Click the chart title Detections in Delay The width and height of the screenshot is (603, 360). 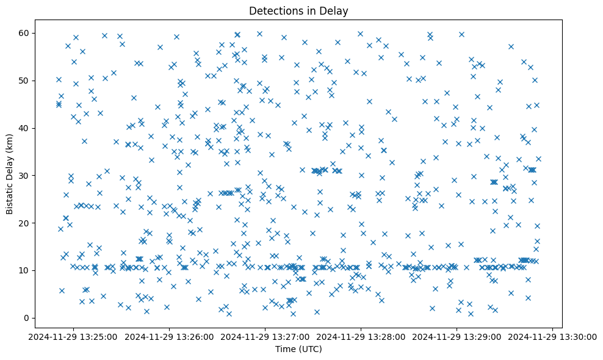point(298,10)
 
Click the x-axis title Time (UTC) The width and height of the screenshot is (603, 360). point(298,349)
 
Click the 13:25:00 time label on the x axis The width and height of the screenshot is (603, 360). point(74,336)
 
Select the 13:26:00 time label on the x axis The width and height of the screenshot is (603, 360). point(170,336)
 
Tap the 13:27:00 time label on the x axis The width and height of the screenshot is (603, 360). point(265,336)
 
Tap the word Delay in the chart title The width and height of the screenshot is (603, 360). point(334,10)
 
